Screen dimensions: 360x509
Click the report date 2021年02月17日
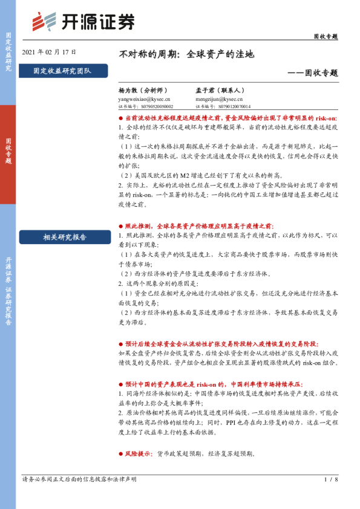[49, 53]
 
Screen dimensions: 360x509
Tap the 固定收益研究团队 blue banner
[63, 71]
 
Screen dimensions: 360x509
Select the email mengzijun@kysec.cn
[218, 99]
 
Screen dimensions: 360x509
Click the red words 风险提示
[138, 453]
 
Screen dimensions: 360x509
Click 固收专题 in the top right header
[325, 36]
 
